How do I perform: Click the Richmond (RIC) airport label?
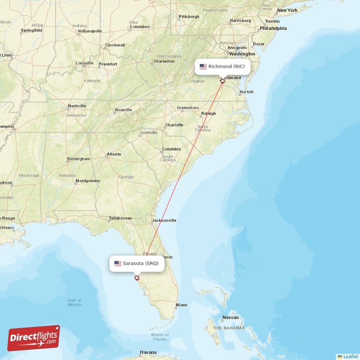pyautogui.click(x=222, y=67)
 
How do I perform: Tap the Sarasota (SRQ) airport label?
pyautogui.click(x=137, y=263)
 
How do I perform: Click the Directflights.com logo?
pyautogui.click(x=34, y=338)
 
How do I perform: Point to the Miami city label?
pyautogui.click(x=181, y=305)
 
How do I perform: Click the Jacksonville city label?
pyautogui.click(x=164, y=220)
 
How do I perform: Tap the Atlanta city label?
pyautogui.click(x=113, y=154)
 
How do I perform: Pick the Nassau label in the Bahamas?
pyautogui.click(x=230, y=318)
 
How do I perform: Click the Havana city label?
pyautogui.click(x=148, y=352)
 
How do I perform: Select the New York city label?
pyautogui.click(x=287, y=10)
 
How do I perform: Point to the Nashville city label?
pyautogui.click(x=76, y=106)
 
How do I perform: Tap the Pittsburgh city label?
pyautogui.click(x=189, y=17)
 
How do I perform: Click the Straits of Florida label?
pyautogui.click(x=160, y=337)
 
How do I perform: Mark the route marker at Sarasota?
pyautogui.click(x=137, y=278)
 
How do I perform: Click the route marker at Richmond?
pyautogui.click(x=222, y=81)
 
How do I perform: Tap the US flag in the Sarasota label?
pyautogui.click(x=118, y=263)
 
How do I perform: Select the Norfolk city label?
pyautogui.click(x=247, y=92)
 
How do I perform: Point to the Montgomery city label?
pyautogui.click(x=88, y=181)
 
